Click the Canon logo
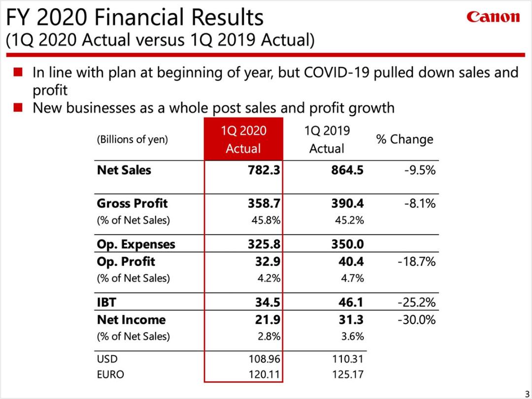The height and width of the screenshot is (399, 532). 493,17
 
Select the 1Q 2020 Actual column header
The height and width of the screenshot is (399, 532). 243,139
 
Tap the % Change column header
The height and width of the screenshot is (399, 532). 404,139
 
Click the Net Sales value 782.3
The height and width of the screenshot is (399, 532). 264,170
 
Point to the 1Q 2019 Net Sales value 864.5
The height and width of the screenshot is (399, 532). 347,170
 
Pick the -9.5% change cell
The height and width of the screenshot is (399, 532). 420,170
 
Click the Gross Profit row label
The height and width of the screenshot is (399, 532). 132,203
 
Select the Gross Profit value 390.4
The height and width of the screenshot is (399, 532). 347,203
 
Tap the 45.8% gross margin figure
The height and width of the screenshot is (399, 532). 266,220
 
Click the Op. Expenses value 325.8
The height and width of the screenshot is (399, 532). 264,244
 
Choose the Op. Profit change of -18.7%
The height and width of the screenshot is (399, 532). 416,262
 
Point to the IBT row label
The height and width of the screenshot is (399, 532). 106,302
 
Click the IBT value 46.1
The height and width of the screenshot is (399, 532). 351,302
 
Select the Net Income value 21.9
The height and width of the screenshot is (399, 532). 267,320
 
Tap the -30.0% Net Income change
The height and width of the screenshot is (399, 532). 416,320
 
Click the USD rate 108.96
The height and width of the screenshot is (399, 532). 265,359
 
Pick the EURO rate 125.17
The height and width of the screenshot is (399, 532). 348,374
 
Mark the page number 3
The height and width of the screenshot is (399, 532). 527,391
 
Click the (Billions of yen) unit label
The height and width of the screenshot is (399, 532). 133,139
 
